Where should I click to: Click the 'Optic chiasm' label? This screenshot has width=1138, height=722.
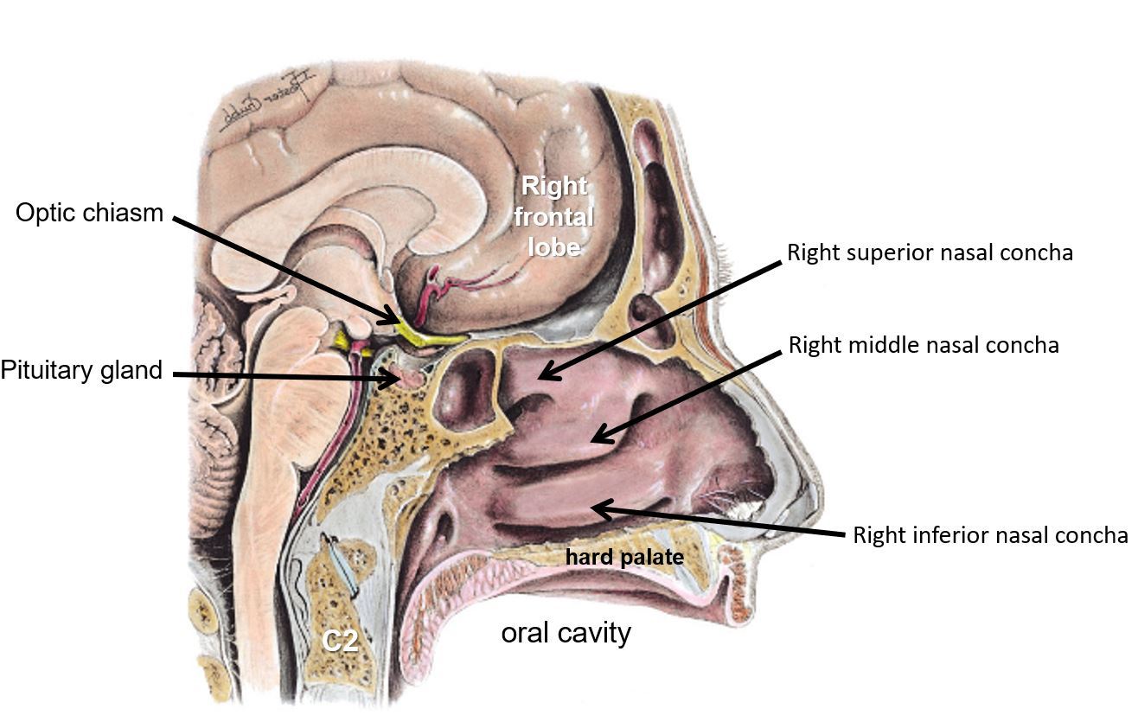click(89, 214)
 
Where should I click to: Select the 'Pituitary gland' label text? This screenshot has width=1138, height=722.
click(81, 371)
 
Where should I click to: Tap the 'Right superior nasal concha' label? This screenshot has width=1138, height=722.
click(930, 252)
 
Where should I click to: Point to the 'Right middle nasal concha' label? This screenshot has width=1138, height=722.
click(924, 346)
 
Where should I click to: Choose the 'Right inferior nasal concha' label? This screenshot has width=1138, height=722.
click(990, 535)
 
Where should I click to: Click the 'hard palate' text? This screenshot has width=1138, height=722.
click(624, 558)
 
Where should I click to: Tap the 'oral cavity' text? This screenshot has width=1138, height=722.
click(566, 634)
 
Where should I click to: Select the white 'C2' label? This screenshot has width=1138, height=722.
click(340, 642)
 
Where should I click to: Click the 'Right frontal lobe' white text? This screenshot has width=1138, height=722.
click(553, 216)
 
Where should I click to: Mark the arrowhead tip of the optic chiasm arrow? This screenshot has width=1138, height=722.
click(400, 323)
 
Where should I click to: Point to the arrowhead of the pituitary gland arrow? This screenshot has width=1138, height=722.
click(399, 378)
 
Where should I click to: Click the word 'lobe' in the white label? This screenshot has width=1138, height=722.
click(553, 246)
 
